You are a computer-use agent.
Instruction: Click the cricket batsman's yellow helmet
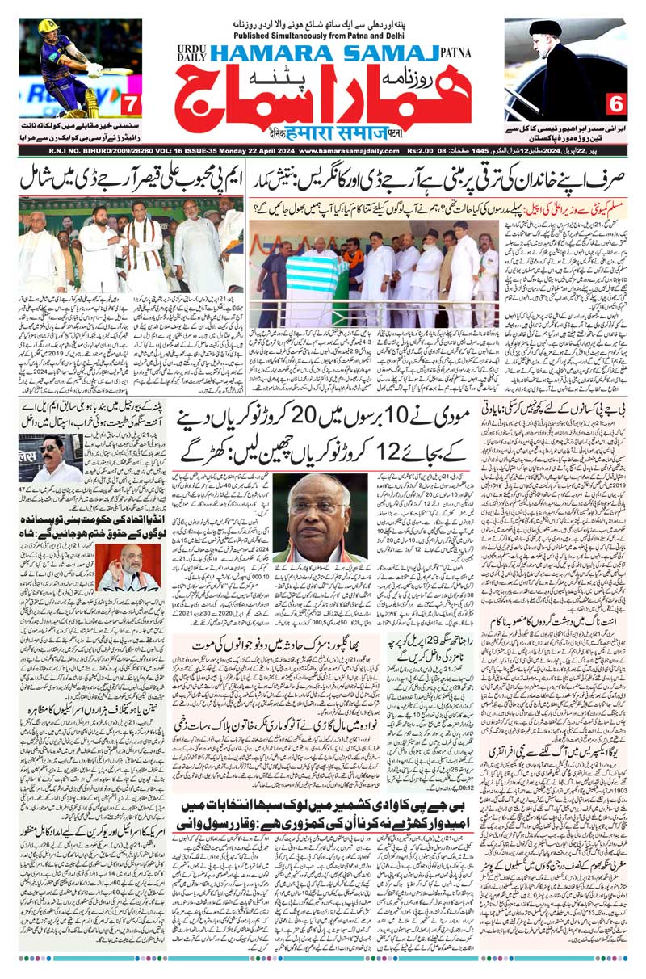click(49, 27)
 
